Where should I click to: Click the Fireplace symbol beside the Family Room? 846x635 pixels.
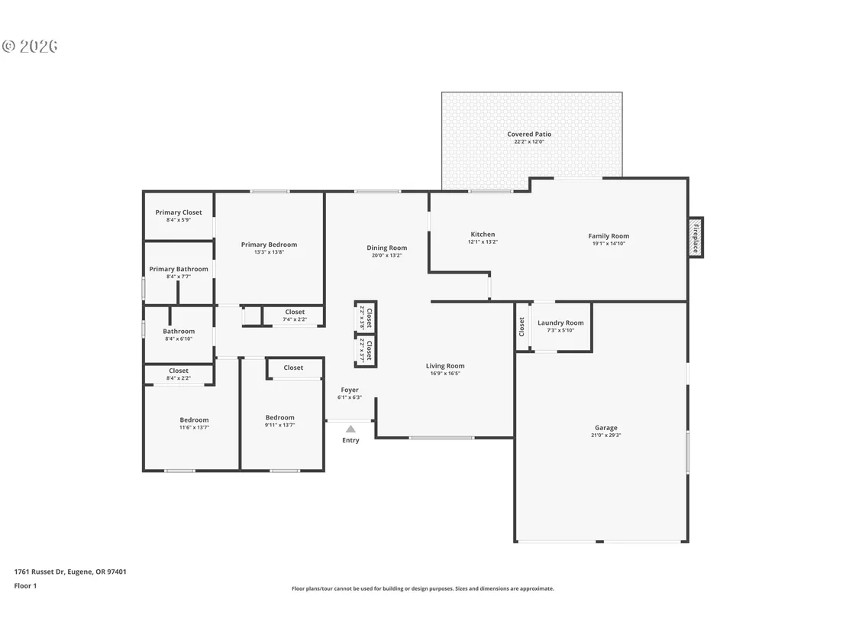pyautogui.click(x=696, y=237)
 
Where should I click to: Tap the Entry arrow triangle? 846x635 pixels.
pyautogui.click(x=350, y=429)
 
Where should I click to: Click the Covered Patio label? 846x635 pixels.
pyautogui.click(x=529, y=134)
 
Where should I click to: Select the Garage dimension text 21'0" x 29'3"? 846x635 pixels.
pyautogui.click(x=606, y=436)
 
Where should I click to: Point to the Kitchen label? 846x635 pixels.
pyautogui.click(x=483, y=235)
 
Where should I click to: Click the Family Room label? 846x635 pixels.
pyautogui.click(x=609, y=236)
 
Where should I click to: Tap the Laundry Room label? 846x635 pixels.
pyautogui.click(x=560, y=323)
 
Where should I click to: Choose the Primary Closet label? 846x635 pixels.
pyautogui.click(x=179, y=212)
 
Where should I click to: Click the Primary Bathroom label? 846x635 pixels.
pyautogui.click(x=179, y=269)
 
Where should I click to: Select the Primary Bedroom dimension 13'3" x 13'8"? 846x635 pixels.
pyautogui.click(x=270, y=252)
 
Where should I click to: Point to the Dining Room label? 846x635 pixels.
pyautogui.click(x=387, y=248)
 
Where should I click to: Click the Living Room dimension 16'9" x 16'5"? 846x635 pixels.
pyautogui.click(x=445, y=374)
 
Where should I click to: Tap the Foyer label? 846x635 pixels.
pyautogui.click(x=350, y=390)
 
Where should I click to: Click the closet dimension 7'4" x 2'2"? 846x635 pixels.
pyautogui.click(x=295, y=319)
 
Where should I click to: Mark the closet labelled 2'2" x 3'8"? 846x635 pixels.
pyautogui.click(x=366, y=318)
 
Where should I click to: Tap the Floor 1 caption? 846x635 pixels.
pyautogui.click(x=25, y=586)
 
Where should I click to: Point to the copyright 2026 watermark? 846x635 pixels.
pyautogui.click(x=31, y=47)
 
